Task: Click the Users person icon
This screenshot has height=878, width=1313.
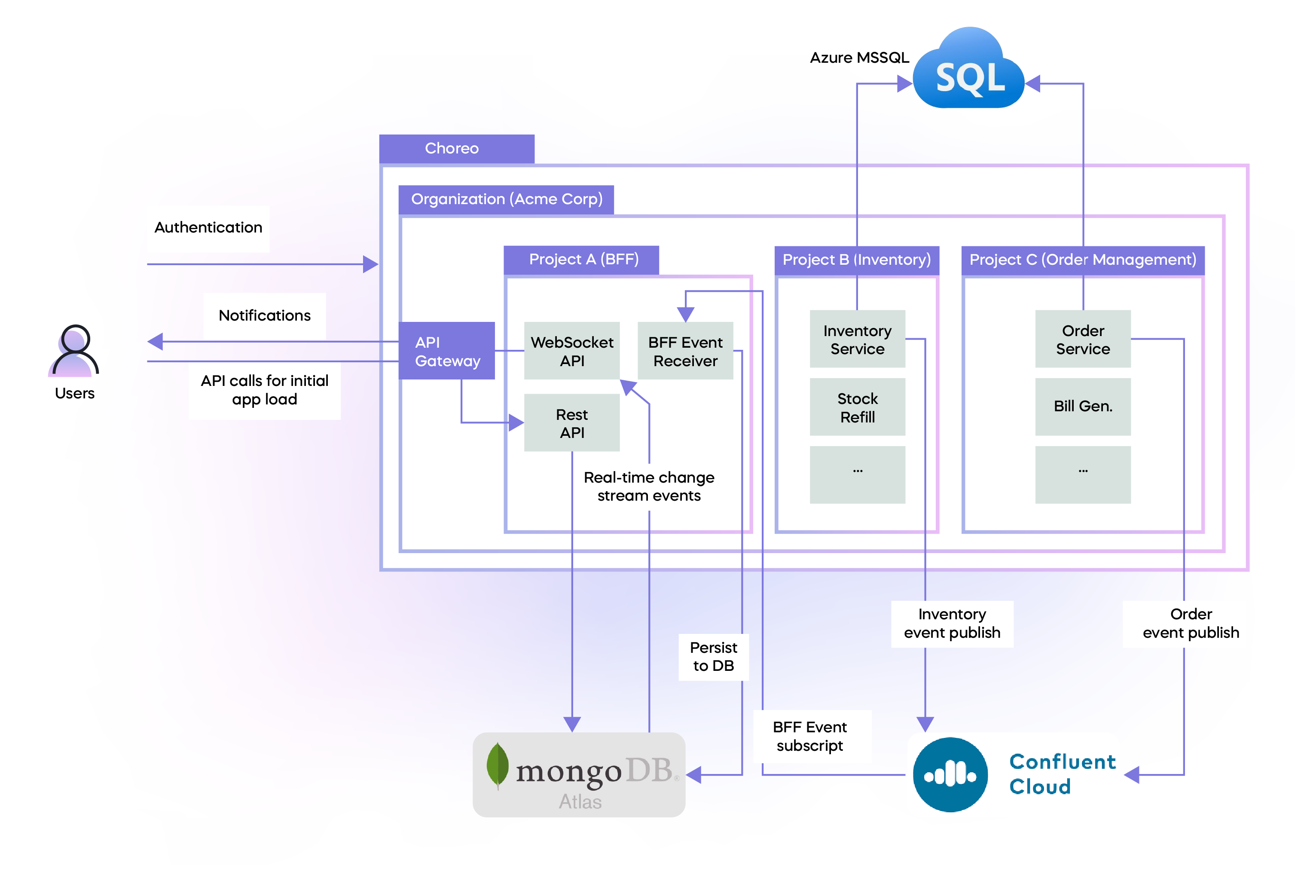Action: (74, 351)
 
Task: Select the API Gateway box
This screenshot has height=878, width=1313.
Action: (447, 351)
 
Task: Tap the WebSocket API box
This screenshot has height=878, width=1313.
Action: (571, 351)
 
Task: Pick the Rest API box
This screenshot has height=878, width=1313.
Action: (571, 423)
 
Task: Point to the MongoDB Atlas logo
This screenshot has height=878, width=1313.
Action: (579, 775)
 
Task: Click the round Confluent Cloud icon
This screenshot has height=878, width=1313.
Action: (950, 775)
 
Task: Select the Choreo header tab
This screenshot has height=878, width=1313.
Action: (457, 148)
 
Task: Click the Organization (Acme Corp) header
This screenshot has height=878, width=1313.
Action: (506, 199)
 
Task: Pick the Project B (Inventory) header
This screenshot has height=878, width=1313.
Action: (856, 260)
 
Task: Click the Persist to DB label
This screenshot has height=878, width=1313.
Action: (713, 657)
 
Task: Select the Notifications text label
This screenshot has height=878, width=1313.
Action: (264, 316)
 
